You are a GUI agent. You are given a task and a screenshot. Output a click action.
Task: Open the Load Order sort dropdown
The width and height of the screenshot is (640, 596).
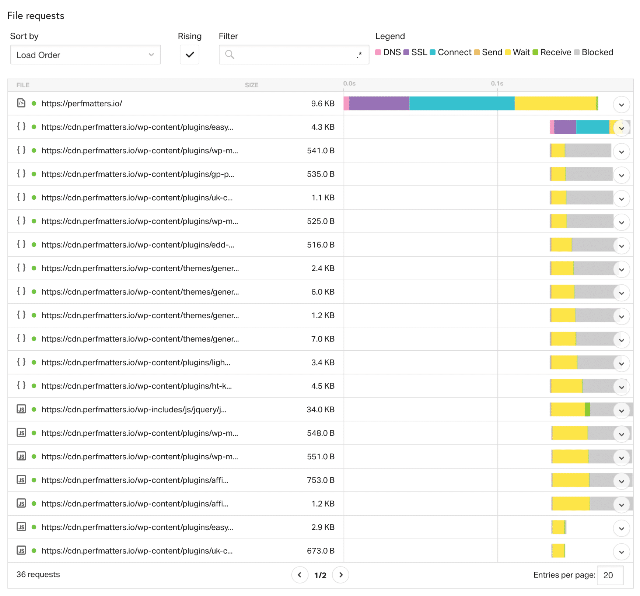pos(85,55)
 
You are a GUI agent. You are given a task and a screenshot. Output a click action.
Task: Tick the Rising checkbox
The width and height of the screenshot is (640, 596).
pos(189,55)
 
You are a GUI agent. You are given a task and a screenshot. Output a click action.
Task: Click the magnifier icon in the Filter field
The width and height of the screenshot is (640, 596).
pos(230,55)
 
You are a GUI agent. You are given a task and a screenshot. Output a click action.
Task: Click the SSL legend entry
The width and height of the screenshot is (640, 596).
pos(415,52)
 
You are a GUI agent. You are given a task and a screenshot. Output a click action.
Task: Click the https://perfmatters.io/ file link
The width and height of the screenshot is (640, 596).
pos(82,104)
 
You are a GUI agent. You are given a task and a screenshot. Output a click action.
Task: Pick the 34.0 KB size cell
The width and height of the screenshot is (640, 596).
pos(320,410)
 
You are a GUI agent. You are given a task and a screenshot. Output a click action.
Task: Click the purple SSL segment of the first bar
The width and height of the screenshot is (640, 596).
pos(379,104)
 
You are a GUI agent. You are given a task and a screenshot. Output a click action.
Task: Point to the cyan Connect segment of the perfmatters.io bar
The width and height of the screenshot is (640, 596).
pos(461,104)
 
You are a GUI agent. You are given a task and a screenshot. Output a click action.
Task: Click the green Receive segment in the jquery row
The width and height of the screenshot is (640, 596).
pos(587,410)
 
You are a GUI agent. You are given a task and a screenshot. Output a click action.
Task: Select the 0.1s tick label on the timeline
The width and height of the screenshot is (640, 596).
pos(497,84)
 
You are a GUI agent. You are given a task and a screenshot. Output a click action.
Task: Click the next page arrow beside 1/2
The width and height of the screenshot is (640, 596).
pos(341,575)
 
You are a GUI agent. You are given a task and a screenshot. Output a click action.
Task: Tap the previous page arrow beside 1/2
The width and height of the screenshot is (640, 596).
pos(300,575)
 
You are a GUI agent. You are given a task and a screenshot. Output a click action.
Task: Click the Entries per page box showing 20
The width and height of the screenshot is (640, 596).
pos(610,575)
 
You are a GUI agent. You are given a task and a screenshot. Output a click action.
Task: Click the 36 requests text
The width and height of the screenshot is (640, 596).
pos(38,575)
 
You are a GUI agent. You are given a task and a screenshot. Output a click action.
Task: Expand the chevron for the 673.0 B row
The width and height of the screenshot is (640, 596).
pos(621,552)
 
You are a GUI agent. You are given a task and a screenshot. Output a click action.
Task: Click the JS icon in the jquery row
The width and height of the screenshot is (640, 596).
pos(21,409)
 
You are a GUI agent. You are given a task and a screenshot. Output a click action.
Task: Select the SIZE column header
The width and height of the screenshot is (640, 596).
pos(252,85)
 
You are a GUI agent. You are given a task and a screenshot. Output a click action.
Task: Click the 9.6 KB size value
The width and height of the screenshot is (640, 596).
pos(322,104)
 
